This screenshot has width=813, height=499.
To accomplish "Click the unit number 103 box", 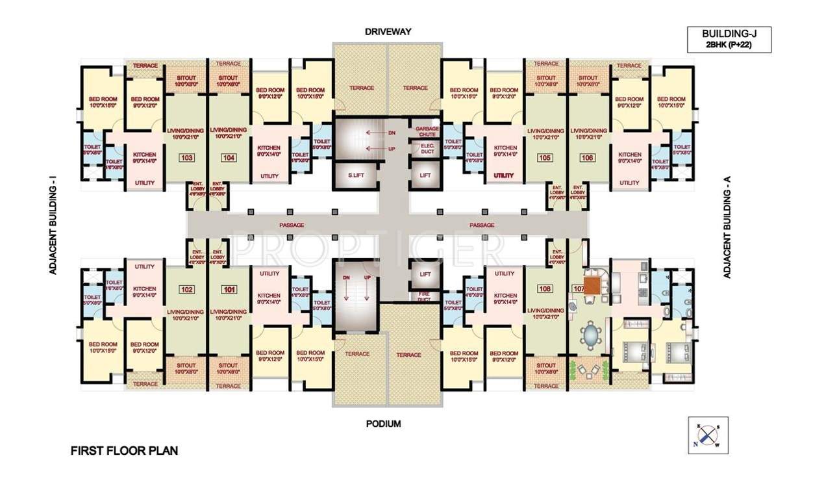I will tap(187, 157).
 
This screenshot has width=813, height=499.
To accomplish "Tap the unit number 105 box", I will tap(544, 157).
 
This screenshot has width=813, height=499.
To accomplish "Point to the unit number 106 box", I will tap(588, 157).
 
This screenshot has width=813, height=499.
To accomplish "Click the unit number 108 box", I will tap(544, 289).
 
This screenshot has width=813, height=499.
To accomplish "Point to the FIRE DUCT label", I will tap(425, 297).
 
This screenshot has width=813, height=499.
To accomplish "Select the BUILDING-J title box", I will tap(729, 39).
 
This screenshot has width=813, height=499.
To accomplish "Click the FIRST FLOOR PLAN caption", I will tap(123, 450).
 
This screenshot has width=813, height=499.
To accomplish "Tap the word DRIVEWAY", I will tap(388, 31).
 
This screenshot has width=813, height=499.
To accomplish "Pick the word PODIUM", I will tap(382, 424).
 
